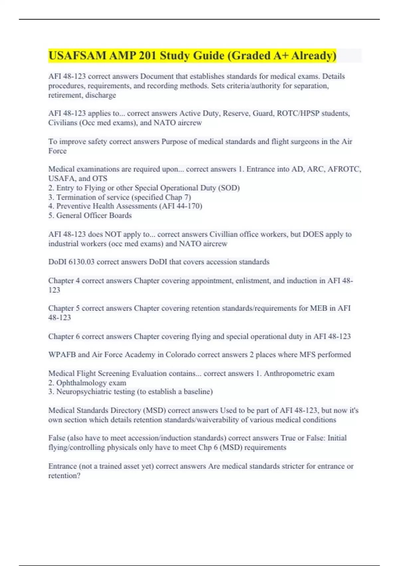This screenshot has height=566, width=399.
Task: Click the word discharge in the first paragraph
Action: click(x=100, y=95)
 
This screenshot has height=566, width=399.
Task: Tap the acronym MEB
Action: click(x=319, y=308)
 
